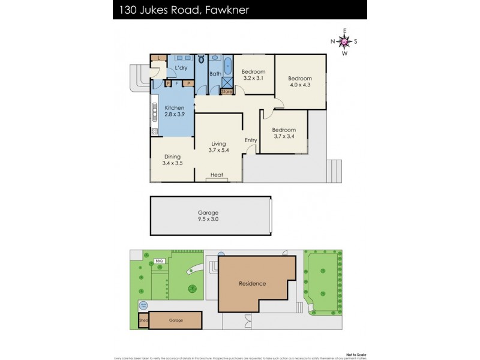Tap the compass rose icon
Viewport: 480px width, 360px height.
pyautogui.click(x=344, y=41)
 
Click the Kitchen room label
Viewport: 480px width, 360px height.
pyautogui.click(x=174, y=111)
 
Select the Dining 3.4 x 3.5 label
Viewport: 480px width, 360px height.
pyautogui.click(x=172, y=159)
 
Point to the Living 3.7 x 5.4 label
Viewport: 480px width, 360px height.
pyautogui.click(x=218, y=147)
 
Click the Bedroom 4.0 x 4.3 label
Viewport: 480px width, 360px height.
pyautogui.click(x=300, y=82)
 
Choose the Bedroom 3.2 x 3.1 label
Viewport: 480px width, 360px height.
pyautogui.click(x=254, y=74)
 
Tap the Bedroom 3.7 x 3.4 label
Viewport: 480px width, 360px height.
pyautogui.click(x=284, y=133)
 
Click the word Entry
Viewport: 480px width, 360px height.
pyautogui.click(x=251, y=140)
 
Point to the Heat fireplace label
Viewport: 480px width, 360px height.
pyautogui.click(x=217, y=175)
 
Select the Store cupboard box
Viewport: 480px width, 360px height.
pyautogui.click(x=227, y=92)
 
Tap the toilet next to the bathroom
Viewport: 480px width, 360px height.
pyautogui.click(x=200, y=59)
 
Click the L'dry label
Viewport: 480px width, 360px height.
pyautogui.click(x=181, y=68)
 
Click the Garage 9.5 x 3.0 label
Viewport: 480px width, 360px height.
pyautogui.click(x=208, y=216)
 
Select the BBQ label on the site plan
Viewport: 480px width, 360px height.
pyautogui.click(x=160, y=261)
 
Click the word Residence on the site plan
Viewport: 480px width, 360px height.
pyautogui.click(x=252, y=283)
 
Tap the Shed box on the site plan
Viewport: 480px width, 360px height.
pyautogui.click(x=143, y=320)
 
